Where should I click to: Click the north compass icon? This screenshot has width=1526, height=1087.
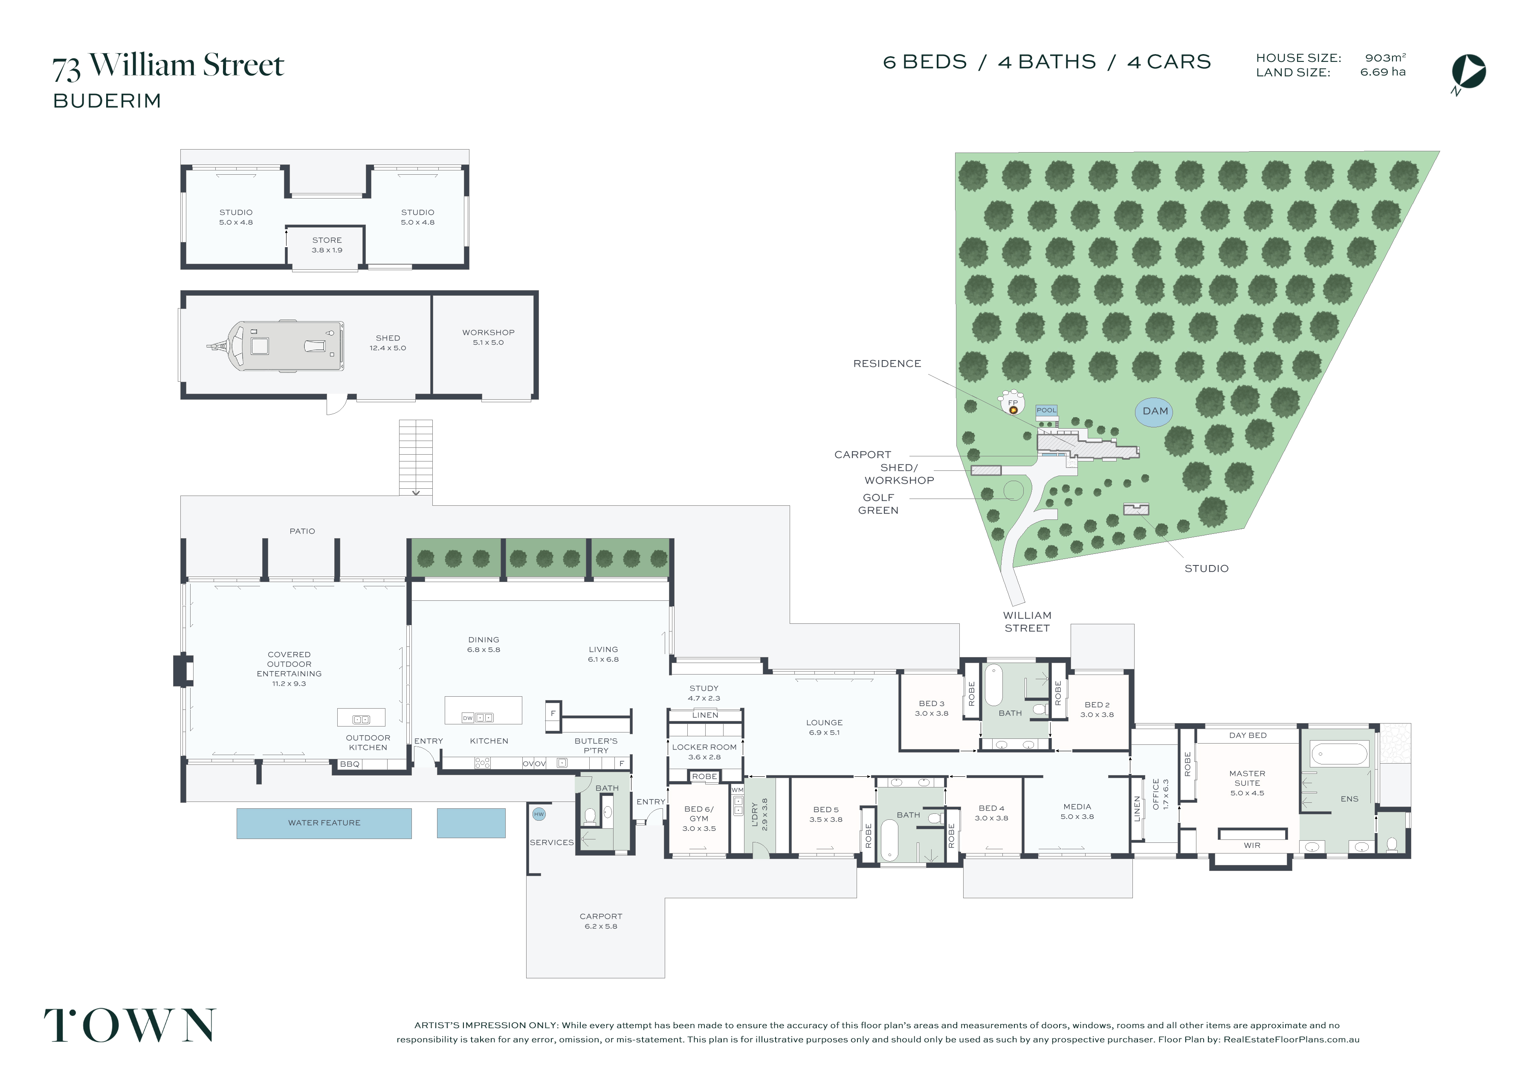click(1468, 73)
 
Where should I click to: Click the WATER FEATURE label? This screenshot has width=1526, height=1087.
click(324, 823)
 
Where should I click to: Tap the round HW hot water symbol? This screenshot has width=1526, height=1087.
click(539, 815)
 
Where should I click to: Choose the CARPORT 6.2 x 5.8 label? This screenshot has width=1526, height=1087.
click(601, 921)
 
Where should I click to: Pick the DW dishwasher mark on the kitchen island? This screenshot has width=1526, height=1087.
click(467, 718)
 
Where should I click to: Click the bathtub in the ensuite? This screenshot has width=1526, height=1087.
click(1338, 754)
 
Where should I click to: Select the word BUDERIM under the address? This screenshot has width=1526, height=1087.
click(107, 101)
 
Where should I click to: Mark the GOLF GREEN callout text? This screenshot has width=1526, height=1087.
click(878, 504)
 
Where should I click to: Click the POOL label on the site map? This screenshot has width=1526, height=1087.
click(1046, 410)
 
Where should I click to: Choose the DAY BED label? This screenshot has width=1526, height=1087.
click(1248, 735)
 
